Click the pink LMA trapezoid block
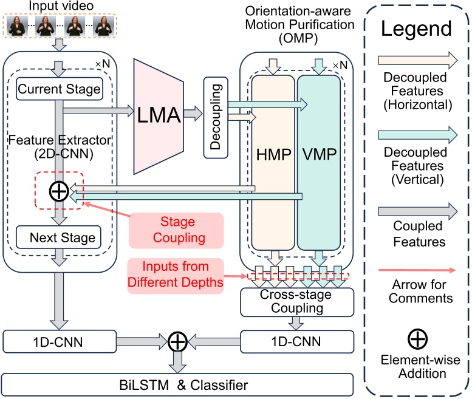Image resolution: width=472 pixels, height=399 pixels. (160, 113)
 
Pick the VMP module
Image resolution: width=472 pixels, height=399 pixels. (318, 162)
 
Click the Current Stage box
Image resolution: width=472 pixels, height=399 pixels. (59, 90)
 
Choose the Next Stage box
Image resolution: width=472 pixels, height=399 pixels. (59, 237)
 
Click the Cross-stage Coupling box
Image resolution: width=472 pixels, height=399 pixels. (296, 302)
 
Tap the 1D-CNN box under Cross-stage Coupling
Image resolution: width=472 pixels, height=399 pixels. (296, 341)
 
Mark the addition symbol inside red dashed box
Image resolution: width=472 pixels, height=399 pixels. (58, 192)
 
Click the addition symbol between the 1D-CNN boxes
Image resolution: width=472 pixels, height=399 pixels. (177, 341)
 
